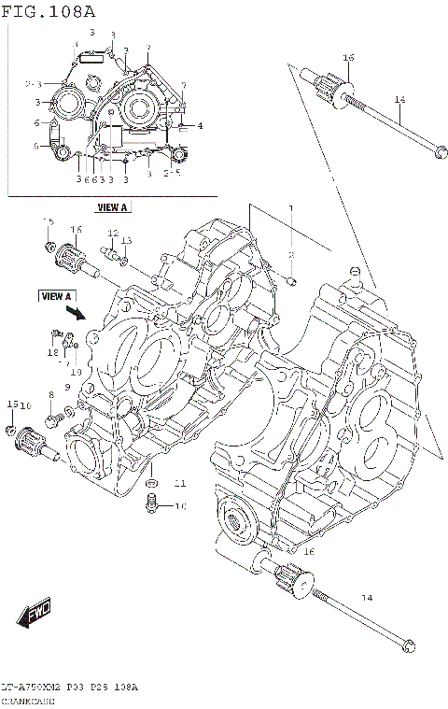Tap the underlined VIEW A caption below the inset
point(112,206)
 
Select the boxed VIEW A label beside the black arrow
point(57,296)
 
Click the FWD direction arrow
point(34,616)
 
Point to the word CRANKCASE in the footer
point(29,700)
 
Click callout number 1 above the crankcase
point(290,208)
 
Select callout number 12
point(111,233)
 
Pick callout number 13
point(126,241)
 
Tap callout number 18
point(53,353)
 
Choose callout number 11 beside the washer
point(179,483)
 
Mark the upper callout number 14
point(399,100)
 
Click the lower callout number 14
point(366,597)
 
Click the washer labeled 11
point(152,482)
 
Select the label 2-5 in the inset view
point(171,173)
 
